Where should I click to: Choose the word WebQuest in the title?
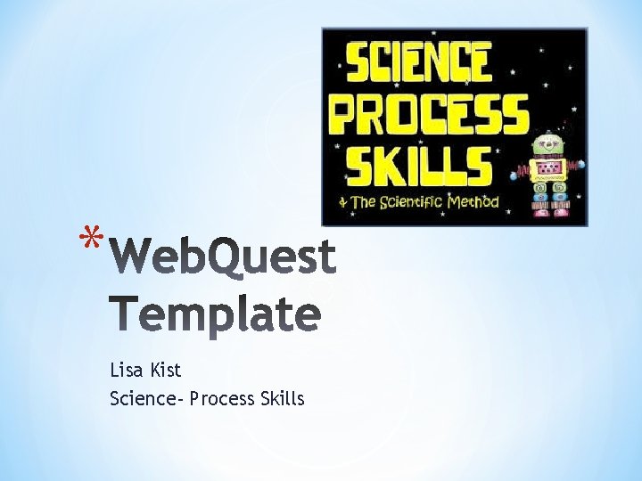coord(226,257)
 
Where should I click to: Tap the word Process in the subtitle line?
coord(222,398)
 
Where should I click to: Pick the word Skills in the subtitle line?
coord(283,398)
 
